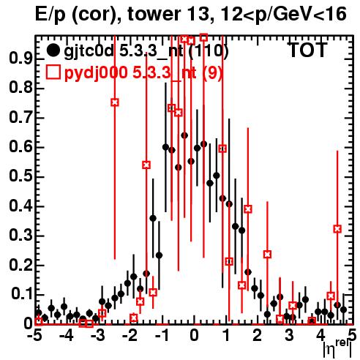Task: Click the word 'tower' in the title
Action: click(x=154, y=14)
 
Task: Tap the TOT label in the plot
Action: click(x=307, y=50)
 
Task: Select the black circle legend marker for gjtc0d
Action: click(x=53, y=50)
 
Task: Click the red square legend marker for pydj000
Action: click(x=53, y=72)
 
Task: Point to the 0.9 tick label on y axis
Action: click(x=20, y=59)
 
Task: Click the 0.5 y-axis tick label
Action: click(x=20, y=177)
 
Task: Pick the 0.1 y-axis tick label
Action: click(x=21, y=294)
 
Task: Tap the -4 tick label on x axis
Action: click(x=67, y=336)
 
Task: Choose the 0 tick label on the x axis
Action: click(x=194, y=336)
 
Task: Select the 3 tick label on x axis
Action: click(x=289, y=336)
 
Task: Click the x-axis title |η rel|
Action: click(x=337, y=349)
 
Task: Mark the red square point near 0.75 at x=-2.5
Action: click(x=115, y=102)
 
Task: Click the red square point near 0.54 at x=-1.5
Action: click(x=146, y=165)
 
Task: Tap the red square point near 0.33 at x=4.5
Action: click(x=337, y=229)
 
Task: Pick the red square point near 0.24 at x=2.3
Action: click(x=267, y=255)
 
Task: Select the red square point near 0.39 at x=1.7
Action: click(x=248, y=209)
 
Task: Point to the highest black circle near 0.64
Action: click(x=184, y=135)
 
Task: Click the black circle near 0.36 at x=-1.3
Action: click(x=153, y=218)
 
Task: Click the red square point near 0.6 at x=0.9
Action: click(x=222, y=149)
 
